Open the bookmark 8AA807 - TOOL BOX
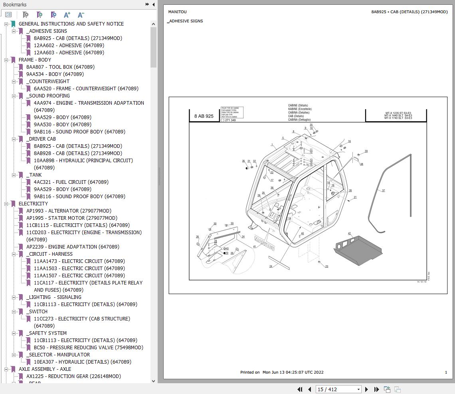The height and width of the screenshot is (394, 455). pyautogui.click(x=60, y=67)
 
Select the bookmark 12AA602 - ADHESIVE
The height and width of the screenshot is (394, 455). pyautogui.click(x=69, y=45)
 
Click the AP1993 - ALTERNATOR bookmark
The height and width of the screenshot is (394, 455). pyautogui.click(x=69, y=211)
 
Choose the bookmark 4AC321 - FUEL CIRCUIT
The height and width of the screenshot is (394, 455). pyautogui.click(x=71, y=182)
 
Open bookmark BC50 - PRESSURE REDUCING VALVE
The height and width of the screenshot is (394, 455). pyautogui.click(x=88, y=347)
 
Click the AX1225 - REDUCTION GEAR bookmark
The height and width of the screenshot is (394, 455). pyautogui.click(x=73, y=376)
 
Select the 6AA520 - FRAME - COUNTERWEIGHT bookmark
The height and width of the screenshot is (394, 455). pyautogui.click(x=86, y=88)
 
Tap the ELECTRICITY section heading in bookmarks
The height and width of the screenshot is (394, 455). pyautogui.click(x=33, y=203)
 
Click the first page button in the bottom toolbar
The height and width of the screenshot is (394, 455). pyautogui.click(x=300, y=389)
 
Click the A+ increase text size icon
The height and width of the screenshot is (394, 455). pyautogui.click(x=67, y=15)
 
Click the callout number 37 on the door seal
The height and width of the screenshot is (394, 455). pyautogui.click(x=383, y=191)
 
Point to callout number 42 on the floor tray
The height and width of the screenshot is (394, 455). pyautogui.click(x=349, y=234)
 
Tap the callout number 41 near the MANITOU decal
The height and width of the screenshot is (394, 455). pyautogui.click(x=254, y=247)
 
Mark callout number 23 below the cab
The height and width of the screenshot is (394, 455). pyautogui.click(x=326, y=267)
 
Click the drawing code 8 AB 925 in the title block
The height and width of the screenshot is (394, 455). pyautogui.click(x=204, y=116)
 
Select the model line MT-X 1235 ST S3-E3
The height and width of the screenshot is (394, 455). pyautogui.click(x=398, y=113)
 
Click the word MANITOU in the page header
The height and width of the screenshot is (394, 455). pyautogui.click(x=177, y=12)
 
